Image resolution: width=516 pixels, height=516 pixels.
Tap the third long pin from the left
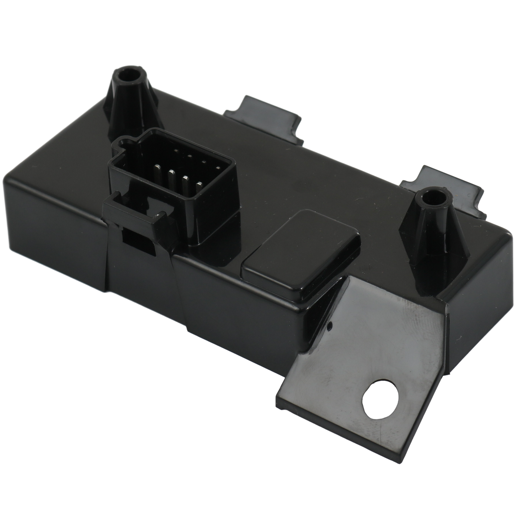[x=186, y=181]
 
